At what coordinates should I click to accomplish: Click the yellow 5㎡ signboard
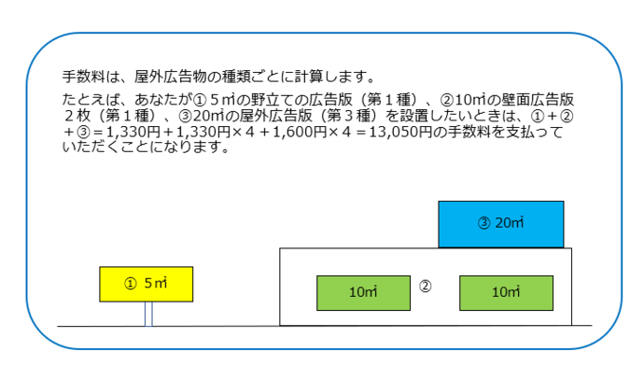(146, 284)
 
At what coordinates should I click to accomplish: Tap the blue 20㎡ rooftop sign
(501, 224)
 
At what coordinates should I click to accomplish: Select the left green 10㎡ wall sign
(363, 292)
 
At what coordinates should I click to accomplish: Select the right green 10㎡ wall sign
(505, 292)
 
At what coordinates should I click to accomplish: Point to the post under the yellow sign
(147, 313)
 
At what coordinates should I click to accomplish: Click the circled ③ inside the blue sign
(483, 224)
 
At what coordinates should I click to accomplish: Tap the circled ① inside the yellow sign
(131, 284)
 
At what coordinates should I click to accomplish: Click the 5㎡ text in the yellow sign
(155, 284)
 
